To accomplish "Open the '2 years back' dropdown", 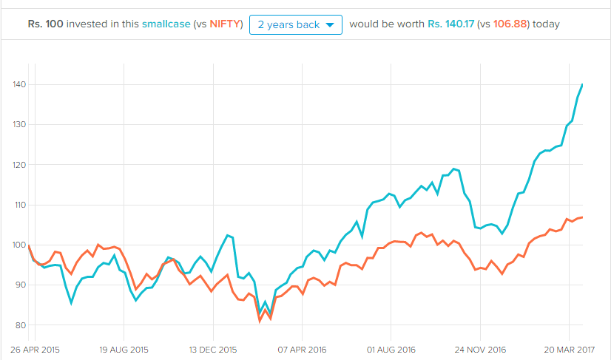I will click(296, 24).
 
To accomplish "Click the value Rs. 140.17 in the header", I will click(452, 24).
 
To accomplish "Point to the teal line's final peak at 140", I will click(583, 84).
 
